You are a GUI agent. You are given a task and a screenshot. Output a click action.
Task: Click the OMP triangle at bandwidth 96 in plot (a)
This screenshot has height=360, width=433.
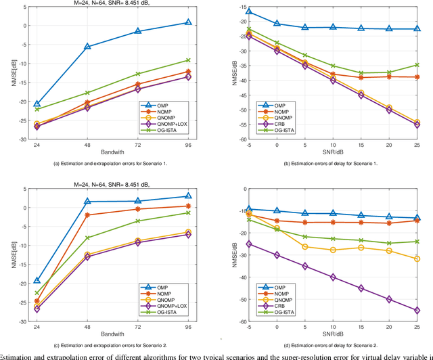click(x=188, y=22)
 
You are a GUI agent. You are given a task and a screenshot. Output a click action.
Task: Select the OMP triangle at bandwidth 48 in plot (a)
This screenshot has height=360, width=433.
click(x=87, y=47)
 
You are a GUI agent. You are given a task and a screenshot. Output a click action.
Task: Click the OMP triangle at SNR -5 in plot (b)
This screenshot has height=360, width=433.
click(x=249, y=12)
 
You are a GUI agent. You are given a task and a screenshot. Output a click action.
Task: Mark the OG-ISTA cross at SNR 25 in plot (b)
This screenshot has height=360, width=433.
click(x=417, y=65)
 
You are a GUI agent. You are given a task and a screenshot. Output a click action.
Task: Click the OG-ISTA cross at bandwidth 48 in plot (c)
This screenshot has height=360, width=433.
click(x=87, y=238)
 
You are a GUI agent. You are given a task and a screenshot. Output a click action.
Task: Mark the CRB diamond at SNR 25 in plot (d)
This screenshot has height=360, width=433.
click(x=417, y=310)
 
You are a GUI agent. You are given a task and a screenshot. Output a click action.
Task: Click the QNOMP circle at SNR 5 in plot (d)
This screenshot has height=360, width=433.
click(x=304, y=246)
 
